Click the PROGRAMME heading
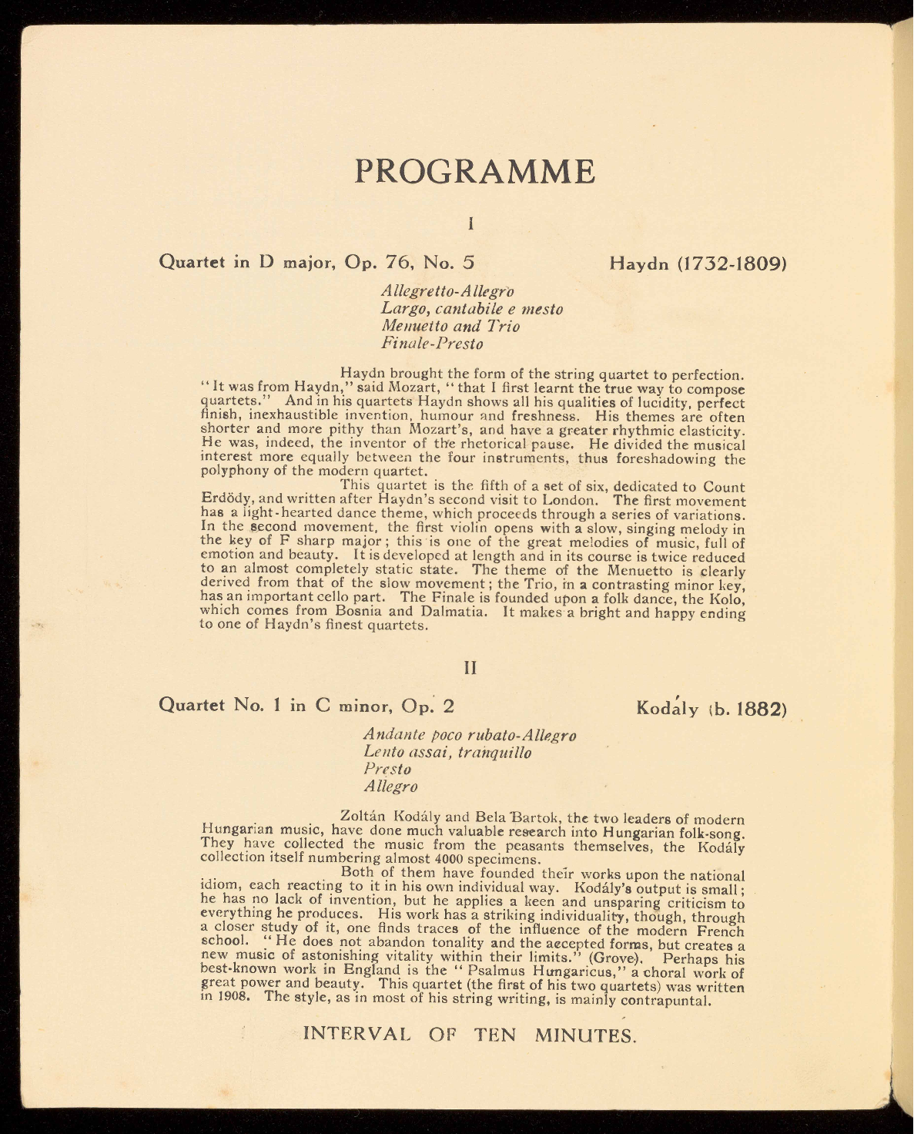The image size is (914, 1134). click(474, 171)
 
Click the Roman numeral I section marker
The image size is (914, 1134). click(470, 224)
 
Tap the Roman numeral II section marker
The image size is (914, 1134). click(470, 668)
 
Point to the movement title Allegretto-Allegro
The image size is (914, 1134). click(447, 291)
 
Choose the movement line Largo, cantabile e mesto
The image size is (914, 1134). click(472, 309)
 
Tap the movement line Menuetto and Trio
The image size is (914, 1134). click(450, 326)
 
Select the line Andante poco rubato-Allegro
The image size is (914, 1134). click(470, 734)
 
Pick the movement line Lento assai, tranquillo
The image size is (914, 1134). click(447, 752)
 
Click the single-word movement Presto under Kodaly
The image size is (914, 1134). click(387, 769)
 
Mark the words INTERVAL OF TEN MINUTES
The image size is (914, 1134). click(470, 1033)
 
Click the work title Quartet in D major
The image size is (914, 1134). click(245, 262)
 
